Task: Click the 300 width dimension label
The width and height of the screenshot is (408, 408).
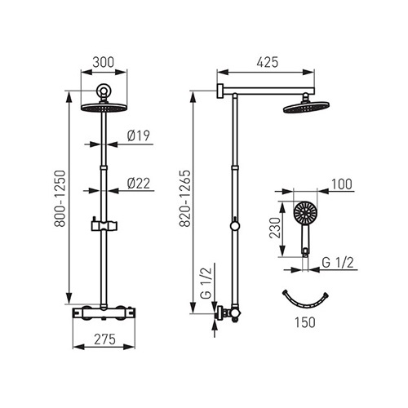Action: tap(103, 62)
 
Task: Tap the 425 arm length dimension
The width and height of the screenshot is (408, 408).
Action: tap(268, 62)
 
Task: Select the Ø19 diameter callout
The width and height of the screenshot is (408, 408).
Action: tap(139, 135)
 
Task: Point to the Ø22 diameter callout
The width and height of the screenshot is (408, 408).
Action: tap(139, 184)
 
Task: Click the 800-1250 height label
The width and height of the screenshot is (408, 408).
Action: tap(60, 198)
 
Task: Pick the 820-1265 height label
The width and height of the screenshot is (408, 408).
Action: tap(185, 198)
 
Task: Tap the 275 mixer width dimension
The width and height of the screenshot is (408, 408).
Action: tap(104, 339)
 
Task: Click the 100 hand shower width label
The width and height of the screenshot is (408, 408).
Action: tap(341, 184)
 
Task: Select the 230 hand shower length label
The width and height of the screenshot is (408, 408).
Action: tap(275, 228)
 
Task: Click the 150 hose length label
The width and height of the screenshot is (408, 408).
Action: tap(305, 322)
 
